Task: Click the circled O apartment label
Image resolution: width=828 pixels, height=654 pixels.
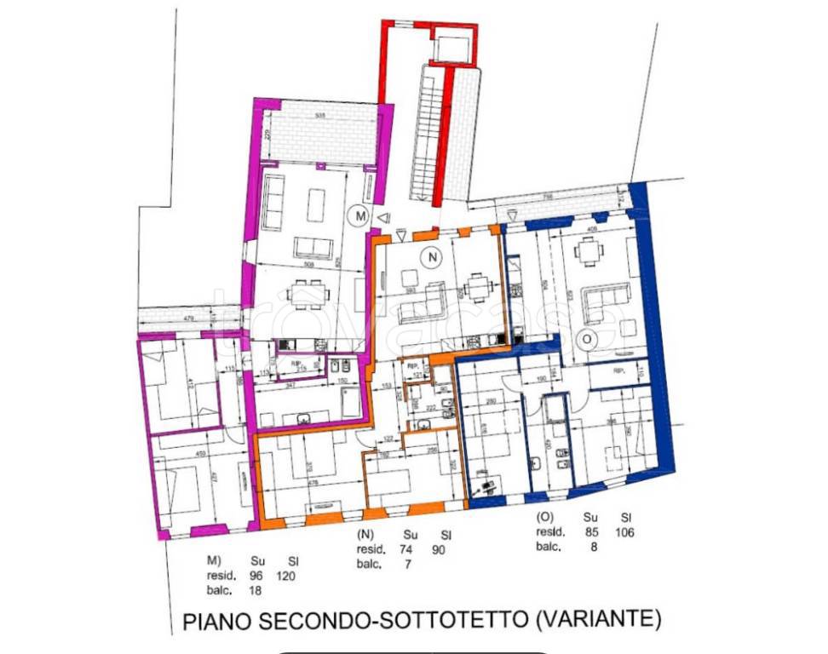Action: pyautogui.click(x=584, y=339)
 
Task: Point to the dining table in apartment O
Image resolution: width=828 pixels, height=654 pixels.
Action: pyautogui.click(x=588, y=251)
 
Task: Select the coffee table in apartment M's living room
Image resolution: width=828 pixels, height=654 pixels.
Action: pyautogui.click(x=316, y=204)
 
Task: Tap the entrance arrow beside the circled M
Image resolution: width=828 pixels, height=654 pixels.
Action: pyautogui.click(x=384, y=218)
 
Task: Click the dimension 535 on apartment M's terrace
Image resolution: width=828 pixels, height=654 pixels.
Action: pyautogui.click(x=319, y=114)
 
